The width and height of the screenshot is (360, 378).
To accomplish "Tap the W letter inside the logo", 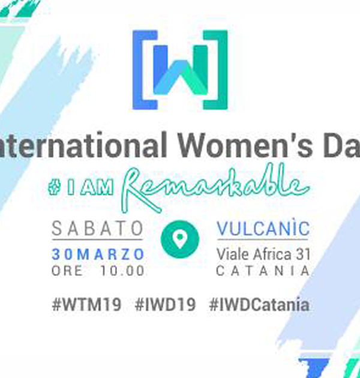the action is [181, 70].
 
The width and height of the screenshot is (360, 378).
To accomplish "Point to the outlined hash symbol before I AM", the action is [54, 188].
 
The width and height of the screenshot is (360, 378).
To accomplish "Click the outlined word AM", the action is [97, 188].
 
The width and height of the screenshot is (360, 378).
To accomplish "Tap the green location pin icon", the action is [180, 239].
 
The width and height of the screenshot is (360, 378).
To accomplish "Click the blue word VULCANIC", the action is [263, 228].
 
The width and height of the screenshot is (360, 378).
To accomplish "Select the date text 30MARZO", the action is [98, 254].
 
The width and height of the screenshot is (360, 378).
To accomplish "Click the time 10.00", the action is [122, 271].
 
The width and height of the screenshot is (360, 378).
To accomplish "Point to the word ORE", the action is [67, 271].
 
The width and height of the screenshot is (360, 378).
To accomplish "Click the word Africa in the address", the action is [272, 254].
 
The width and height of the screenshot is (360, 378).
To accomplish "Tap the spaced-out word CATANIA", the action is [263, 271].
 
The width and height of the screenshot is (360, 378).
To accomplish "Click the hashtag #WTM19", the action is [86, 305].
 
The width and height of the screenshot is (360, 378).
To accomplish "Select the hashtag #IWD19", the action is [165, 305].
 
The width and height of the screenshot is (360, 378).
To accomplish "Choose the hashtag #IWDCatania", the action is [259, 305].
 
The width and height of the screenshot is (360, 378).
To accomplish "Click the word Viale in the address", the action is [233, 254].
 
